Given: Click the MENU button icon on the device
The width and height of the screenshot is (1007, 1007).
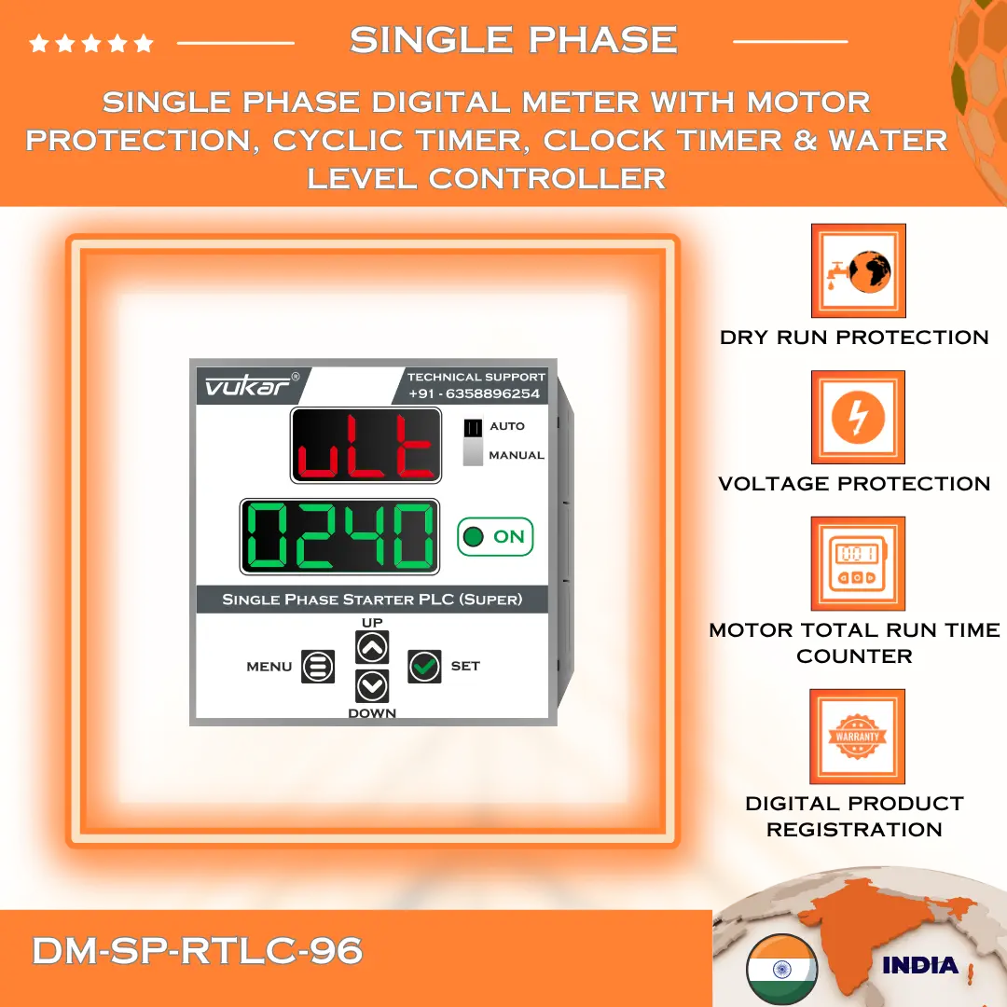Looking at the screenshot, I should point(318,666).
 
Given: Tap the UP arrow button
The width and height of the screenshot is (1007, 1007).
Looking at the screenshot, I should point(372,646).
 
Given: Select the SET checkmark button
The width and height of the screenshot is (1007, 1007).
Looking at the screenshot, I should point(424,666).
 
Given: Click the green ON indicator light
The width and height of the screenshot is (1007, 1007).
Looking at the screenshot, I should point(474,537).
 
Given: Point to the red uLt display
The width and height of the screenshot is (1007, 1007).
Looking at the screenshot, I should point(366,446).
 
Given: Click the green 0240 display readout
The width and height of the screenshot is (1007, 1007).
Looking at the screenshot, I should point(340,537).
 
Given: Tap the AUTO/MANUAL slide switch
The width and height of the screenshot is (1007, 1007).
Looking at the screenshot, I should point(474,440).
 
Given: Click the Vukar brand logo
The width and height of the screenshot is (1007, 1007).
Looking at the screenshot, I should point(247,386).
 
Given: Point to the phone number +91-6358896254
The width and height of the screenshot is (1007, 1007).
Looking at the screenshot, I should point(474,393).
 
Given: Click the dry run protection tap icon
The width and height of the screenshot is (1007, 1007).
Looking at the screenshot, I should point(858,270).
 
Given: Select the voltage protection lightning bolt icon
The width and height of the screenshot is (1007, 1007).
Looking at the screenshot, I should point(858,417).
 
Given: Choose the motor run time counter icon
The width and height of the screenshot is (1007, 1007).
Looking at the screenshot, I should point(858,564).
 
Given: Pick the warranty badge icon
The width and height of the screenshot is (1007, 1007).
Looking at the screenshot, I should point(858,737).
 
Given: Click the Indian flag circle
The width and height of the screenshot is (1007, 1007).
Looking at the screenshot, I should point(781,968).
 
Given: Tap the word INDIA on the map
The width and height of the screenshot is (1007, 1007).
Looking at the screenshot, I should point(920,965).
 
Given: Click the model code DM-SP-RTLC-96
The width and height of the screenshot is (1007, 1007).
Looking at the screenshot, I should point(197,951).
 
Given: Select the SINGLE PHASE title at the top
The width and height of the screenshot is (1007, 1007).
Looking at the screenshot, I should point(513,40).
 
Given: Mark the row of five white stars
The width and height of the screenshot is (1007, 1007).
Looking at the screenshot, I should point(91,43).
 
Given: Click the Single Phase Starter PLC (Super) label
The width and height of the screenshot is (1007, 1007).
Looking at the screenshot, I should point(372,600).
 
